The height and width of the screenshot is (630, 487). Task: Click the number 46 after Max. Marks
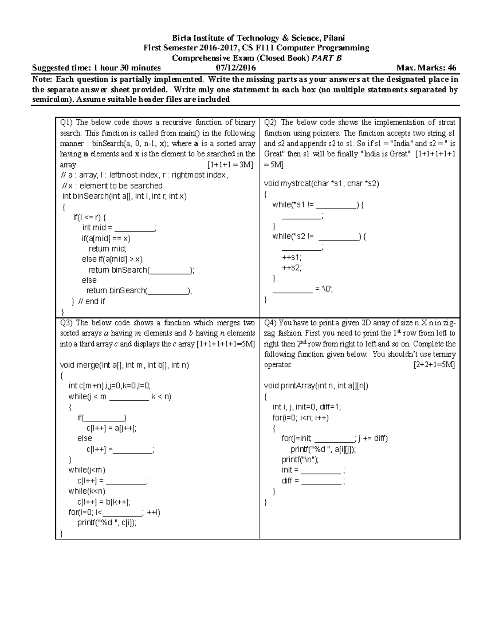(452, 68)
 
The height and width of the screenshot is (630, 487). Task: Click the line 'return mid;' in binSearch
(108, 249)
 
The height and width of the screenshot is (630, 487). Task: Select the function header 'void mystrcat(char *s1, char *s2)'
(321, 184)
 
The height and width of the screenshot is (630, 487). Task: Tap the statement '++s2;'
(292, 268)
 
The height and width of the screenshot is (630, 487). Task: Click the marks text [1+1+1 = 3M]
(230, 165)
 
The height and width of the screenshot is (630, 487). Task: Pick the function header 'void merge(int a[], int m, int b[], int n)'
(124, 365)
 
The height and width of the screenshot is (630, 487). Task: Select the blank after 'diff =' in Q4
(321, 482)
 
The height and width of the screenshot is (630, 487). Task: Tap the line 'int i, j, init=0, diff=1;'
(307, 407)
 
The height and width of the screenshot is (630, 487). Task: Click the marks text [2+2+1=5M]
(434, 365)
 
